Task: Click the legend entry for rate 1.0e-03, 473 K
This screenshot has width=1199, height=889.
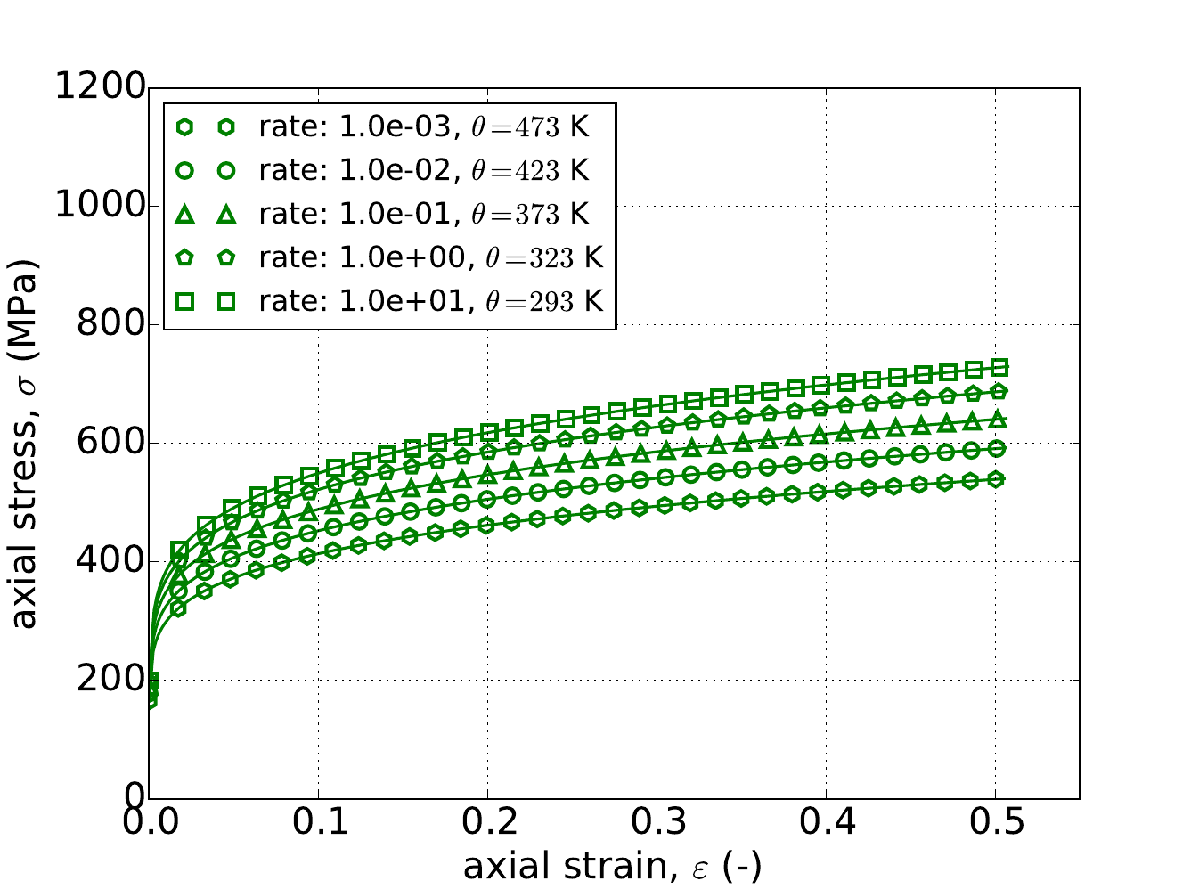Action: pyautogui.click(x=423, y=127)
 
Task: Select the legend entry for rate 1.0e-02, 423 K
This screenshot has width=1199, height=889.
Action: pyautogui.click(x=423, y=170)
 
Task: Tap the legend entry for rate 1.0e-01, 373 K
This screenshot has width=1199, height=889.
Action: pyautogui.click(x=423, y=214)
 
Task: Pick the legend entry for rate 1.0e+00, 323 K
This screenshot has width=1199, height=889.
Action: pyautogui.click(x=430, y=257)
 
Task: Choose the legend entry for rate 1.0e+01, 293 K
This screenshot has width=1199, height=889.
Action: pyautogui.click(x=430, y=301)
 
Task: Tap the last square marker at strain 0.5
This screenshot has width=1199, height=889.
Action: pyautogui.click(x=999, y=367)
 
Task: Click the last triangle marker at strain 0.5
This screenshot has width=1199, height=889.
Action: pyautogui.click(x=998, y=419)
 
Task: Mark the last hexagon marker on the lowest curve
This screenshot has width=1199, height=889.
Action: pyautogui.click(x=998, y=479)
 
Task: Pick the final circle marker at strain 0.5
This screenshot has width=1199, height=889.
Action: pyautogui.click(x=998, y=448)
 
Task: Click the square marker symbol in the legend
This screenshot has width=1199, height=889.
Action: pyautogui.click(x=184, y=302)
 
